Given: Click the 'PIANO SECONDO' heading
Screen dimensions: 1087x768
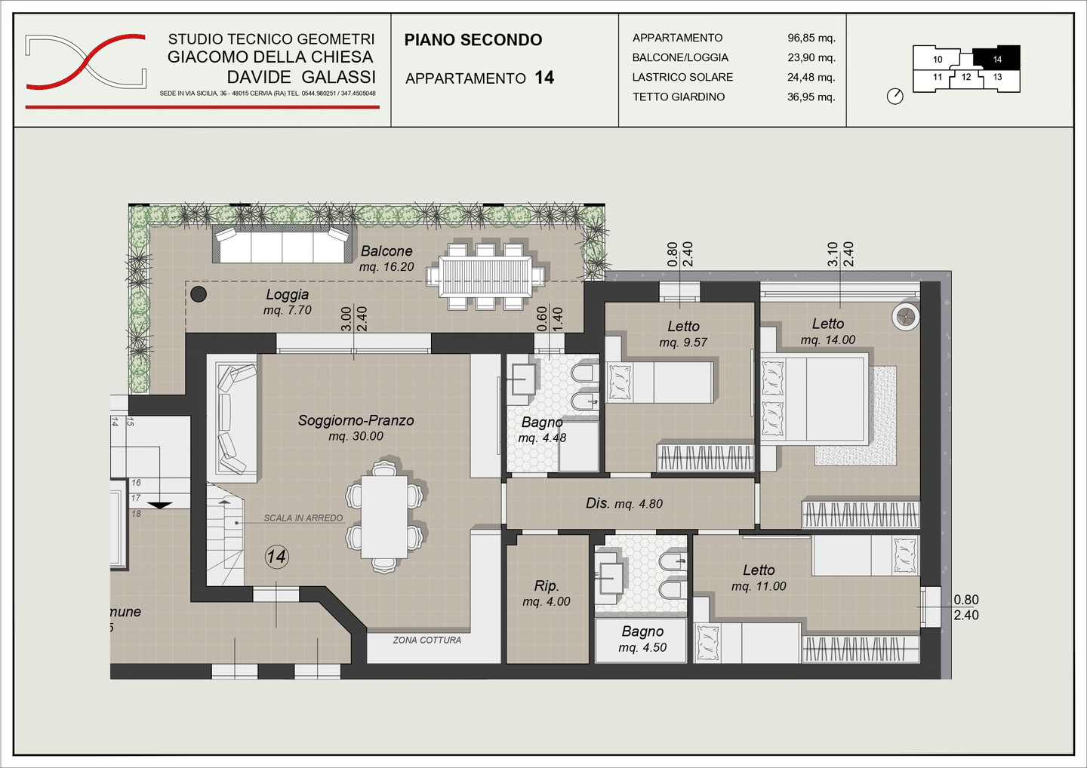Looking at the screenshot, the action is pos(473,40).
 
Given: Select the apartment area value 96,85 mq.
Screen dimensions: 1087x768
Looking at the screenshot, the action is pos(811,38).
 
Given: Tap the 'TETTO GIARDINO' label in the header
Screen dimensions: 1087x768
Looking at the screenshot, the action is pos(679,97).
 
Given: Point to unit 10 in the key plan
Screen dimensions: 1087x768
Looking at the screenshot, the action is pos(937,59).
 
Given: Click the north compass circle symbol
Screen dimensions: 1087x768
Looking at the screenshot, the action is pos(895,97).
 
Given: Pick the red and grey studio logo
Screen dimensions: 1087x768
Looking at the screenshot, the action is pos(86,62).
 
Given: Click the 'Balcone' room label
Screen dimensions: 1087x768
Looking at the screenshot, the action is pos(386,250).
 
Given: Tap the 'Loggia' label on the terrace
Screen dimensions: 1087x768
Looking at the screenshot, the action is pos(288,294).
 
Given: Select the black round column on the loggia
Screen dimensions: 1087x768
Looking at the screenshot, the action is pos(199,293).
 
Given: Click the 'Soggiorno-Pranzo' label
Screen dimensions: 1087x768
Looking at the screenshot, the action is pos(356,420).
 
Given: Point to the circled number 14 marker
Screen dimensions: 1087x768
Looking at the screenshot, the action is pos(276,557).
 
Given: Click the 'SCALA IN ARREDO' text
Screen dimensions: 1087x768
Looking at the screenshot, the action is pos(303,518).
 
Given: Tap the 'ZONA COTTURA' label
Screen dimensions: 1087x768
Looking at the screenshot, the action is pos(427,640).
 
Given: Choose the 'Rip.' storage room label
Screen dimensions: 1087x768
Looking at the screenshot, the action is pos(547,586).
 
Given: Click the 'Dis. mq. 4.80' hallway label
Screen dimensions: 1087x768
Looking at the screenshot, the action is pos(624,503).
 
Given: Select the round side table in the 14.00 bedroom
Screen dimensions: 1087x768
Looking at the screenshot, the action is pos(906,317).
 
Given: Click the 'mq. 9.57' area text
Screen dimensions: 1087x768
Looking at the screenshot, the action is pos(682,343).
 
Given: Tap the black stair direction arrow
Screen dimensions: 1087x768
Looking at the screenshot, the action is pos(160,505).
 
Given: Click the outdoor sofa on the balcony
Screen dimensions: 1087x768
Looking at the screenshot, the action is pos(282,244).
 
